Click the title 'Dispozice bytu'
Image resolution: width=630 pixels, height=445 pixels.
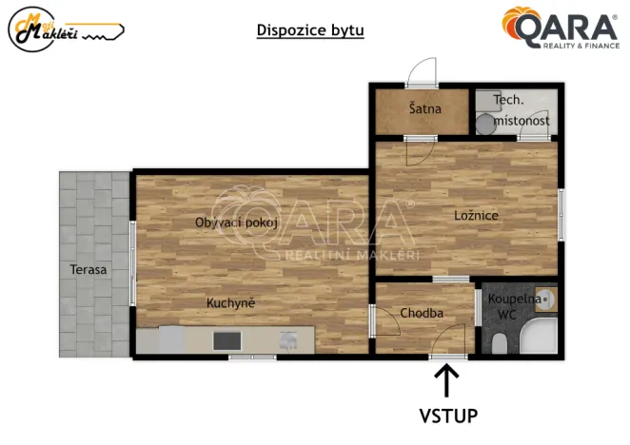(310, 29)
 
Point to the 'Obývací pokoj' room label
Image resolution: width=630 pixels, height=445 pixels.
(236, 222)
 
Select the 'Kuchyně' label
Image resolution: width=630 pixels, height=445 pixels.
(231, 303)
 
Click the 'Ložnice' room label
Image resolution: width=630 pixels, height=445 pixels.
(476, 216)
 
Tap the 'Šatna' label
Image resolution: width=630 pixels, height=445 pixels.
(424, 108)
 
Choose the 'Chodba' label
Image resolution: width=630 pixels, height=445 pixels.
(421, 313)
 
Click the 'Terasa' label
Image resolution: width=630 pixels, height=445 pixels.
(89, 270)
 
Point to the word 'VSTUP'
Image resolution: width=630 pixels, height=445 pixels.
(448, 416)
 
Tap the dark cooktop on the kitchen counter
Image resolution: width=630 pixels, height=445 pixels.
(227, 339)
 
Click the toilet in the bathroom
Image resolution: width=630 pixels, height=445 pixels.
(500, 342)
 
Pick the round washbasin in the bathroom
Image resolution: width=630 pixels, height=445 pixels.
(547, 301)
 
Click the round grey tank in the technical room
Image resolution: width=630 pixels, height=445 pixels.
(485, 122)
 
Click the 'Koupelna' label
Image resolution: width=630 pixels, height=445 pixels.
(514, 299)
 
